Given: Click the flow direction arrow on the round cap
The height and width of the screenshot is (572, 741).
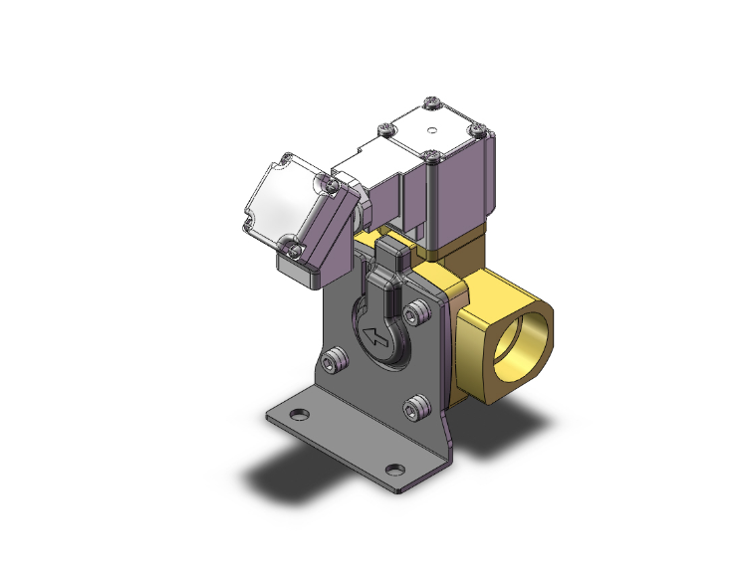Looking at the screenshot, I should (375, 337).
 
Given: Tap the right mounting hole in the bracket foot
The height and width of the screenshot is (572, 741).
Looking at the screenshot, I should (395, 469).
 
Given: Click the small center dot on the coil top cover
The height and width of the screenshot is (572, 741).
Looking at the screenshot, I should (431, 129).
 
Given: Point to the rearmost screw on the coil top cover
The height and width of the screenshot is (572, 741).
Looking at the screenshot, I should (429, 102).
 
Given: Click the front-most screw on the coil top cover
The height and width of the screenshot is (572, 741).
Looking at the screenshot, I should (430, 156).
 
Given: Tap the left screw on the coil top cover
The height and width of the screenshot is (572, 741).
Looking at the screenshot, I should (383, 128).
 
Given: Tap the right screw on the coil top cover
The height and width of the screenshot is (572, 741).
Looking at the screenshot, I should (476, 129).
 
